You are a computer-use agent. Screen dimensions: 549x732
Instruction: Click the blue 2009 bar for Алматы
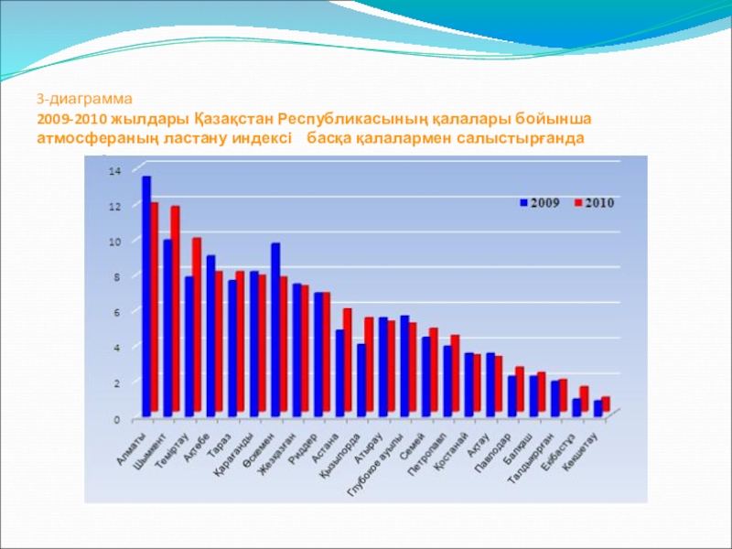[x=146, y=293]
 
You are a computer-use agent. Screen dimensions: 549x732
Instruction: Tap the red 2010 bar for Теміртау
[x=197, y=324]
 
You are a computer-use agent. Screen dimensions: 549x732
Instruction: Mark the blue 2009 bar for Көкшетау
[x=597, y=408]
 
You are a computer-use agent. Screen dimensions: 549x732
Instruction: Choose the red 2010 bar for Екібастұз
[x=584, y=399]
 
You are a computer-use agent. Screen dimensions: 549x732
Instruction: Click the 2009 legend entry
[x=540, y=202]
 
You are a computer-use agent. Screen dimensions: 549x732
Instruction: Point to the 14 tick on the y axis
[x=114, y=171]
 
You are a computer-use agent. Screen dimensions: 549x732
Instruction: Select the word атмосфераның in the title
[x=85, y=137]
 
